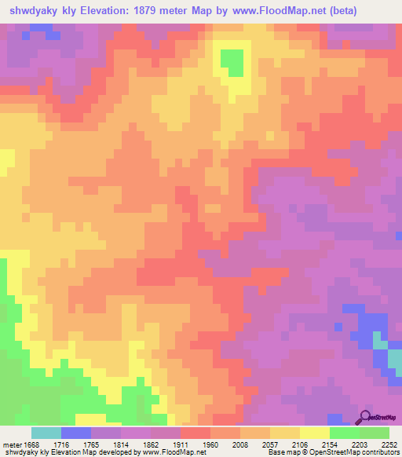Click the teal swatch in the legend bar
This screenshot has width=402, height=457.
(46, 433)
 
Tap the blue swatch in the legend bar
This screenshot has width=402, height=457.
(76, 433)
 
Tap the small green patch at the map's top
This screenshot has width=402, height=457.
(232, 60)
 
